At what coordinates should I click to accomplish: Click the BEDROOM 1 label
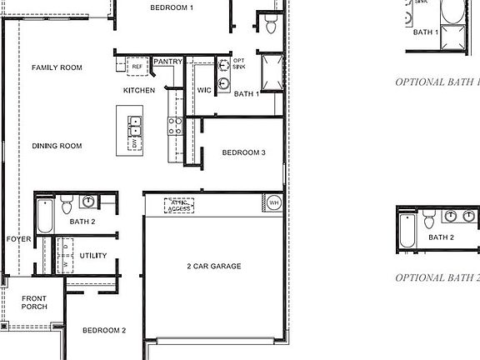click(172, 7)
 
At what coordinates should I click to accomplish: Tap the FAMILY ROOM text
click(57, 67)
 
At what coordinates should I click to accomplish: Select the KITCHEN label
click(139, 90)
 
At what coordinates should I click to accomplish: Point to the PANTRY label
click(168, 61)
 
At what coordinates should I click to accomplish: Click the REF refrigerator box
click(137, 65)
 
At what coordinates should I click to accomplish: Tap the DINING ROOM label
click(57, 146)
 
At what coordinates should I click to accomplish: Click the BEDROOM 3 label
click(243, 152)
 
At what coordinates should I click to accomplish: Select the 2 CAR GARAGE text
click(213, 266)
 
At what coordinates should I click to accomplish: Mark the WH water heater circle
click(274, 202)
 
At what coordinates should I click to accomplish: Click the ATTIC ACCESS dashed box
click(178, 205)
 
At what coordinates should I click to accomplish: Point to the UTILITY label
click(93, 255)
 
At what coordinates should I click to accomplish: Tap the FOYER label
click(18, 239)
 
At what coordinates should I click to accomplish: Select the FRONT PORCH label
click(34, 302)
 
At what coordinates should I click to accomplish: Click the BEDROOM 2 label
click(104, 330)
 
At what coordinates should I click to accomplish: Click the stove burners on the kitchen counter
click(176, 126)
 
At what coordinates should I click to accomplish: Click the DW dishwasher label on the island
click(132, 145)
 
